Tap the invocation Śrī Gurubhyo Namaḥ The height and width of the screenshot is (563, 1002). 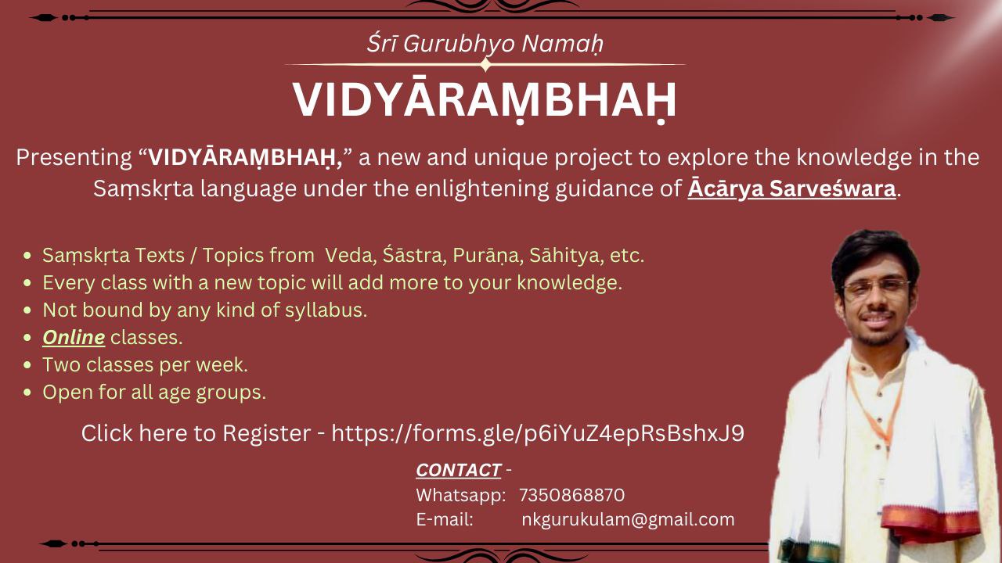[x=485, y=43]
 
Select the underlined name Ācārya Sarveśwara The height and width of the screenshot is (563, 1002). [x=791, y=188]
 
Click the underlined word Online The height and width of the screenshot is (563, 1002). [x=74, y=337]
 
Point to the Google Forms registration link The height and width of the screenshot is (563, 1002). [x=538, y=433]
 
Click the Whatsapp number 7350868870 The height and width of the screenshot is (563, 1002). [x=571, y=495]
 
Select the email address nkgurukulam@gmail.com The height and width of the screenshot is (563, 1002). [x=628, y=520]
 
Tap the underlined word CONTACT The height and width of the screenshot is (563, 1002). [x=458, y=470]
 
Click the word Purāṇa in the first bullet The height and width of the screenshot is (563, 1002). [x=488, y=255]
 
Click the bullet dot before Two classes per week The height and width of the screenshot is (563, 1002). [x=27, y=365]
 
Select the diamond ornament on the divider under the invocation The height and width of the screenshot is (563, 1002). [x=486, y=65]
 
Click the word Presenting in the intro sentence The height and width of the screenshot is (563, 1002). [x=74, y=157]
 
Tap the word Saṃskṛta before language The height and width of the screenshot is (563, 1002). [x=143, y=188]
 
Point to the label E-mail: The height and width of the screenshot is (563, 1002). [x=444, y=520]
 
